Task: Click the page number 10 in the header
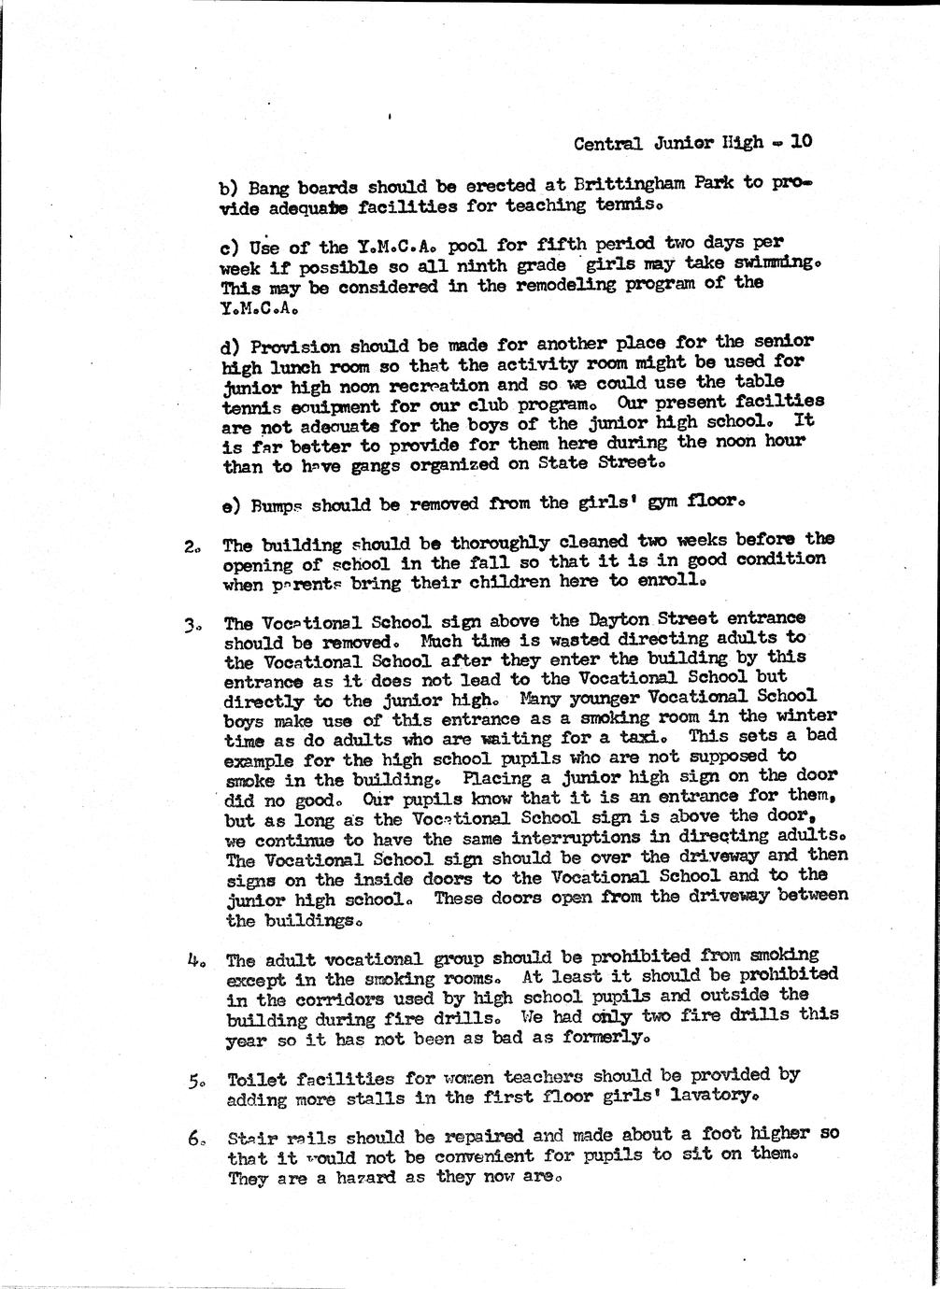(802, 142)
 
